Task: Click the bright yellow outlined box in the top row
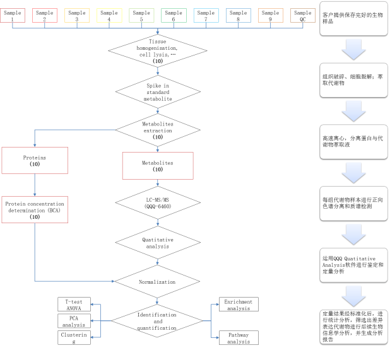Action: [x=109, y=15]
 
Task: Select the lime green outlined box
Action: [x=141, y=15]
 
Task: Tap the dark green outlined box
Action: [x=174, y=15]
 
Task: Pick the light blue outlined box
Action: [x=206, y=15]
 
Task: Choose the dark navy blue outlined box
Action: [x=238, y=15]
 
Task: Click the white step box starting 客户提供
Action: [x=353, y=18]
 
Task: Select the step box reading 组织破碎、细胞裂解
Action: [x=353, y=80]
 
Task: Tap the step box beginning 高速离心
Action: [x=353, y=141]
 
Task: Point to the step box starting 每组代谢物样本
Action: [x=353, y=203]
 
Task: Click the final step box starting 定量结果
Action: [x=353, y=327]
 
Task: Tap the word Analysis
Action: [x=334, y=265]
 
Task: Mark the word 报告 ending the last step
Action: [x=328, y=339]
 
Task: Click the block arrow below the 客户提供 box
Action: [x=353, y=49]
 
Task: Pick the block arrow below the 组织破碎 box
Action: [x=353, y=110]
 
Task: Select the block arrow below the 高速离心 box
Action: [x=353, y=172]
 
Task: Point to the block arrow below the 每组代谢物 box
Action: [x=353, y=234]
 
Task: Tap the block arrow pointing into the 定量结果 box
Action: [x=353, y=296]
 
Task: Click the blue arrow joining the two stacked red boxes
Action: [x=35, y=185]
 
